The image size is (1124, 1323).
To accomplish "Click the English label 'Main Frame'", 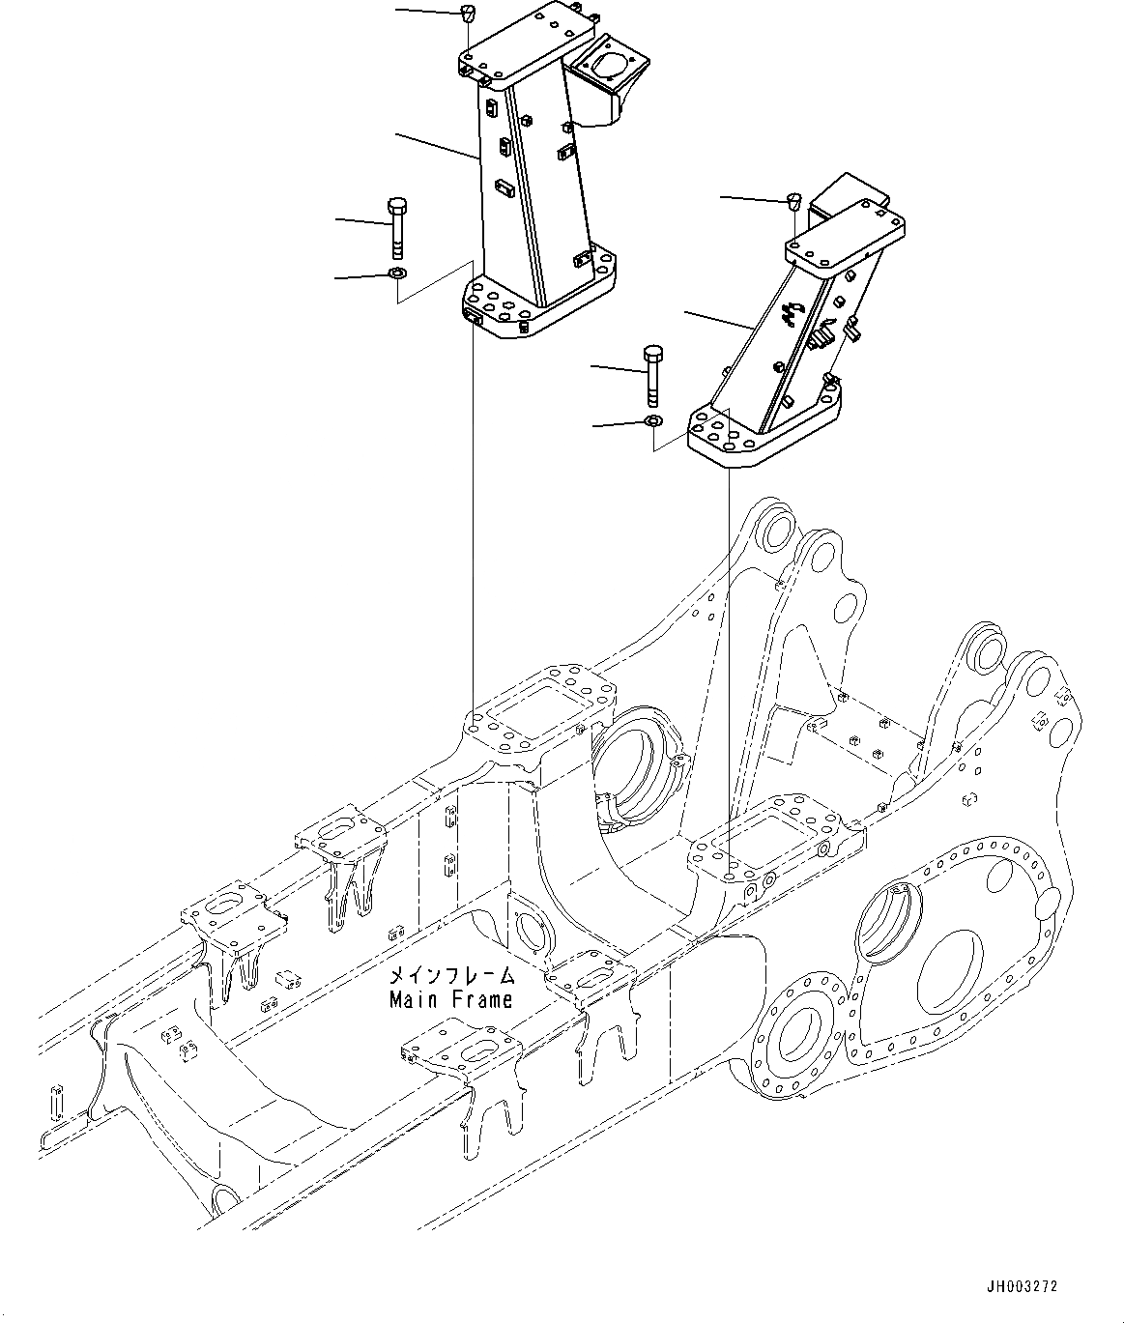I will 450,999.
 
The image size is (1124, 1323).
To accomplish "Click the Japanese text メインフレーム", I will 450,976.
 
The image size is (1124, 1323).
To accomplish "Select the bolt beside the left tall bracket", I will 397,227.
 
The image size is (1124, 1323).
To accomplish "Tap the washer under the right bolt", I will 653,422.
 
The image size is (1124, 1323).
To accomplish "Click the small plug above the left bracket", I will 468,14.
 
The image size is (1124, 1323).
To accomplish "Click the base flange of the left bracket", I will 536,304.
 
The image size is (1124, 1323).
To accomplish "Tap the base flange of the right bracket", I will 764,435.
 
